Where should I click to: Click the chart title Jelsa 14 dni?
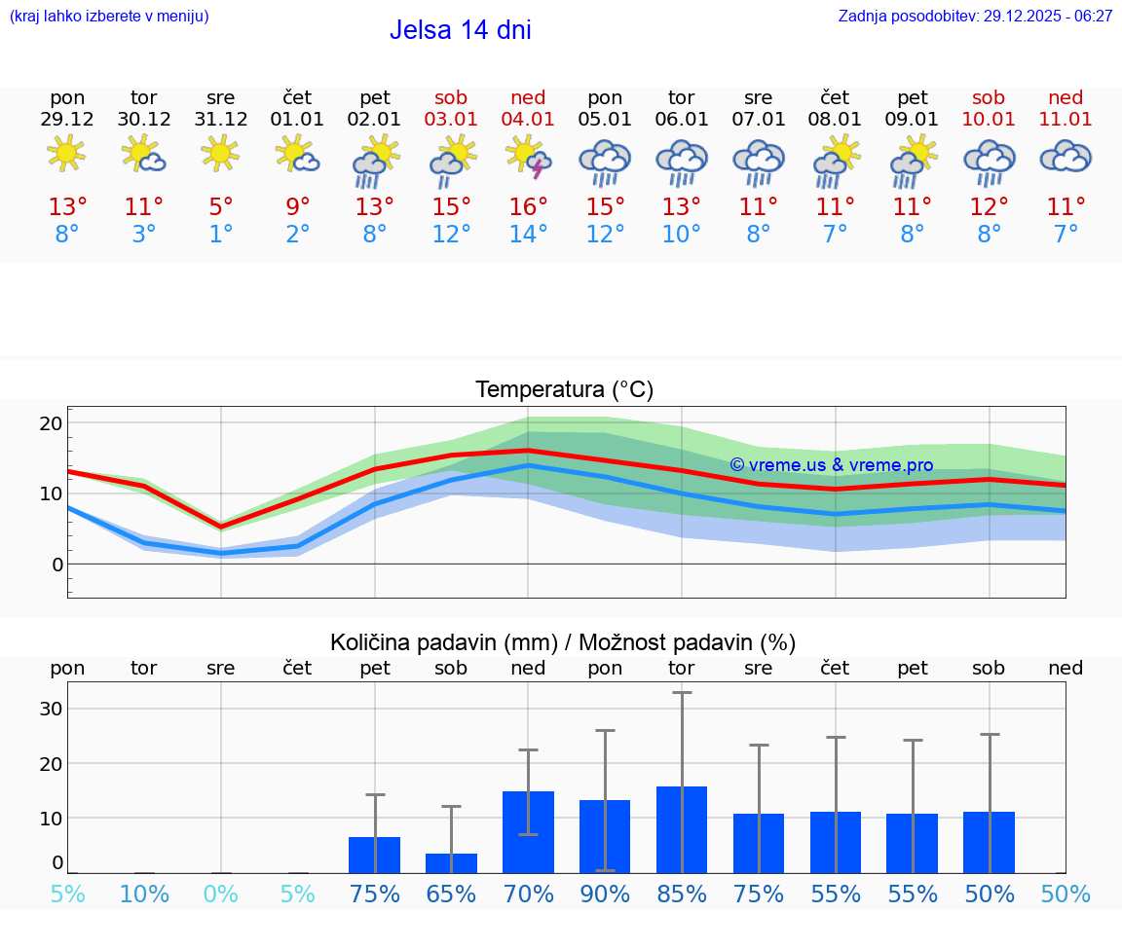(x=460, y=30)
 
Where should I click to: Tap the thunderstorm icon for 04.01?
(x=528, y=157)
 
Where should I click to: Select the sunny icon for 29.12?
(x=66, y=154)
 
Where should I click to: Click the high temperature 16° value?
(x=528, y=207)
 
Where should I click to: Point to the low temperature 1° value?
(x=221, y=235)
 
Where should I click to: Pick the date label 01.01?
(x=298, y=120)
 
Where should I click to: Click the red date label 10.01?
(x=989, y=120)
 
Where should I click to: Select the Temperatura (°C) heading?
(x=564, y=390)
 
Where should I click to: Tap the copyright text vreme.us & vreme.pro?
(x=831, y=465)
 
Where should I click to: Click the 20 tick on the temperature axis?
(x=51, y=423)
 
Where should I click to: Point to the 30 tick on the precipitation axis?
(x=51, y=709)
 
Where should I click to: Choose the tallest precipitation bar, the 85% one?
(x=682, y=829)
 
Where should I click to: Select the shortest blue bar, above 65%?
(x=451, y=863)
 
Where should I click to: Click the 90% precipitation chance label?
(x=605, y=894)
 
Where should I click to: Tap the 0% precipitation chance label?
(x=221, y=894)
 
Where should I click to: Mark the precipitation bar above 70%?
(x=528, y=832)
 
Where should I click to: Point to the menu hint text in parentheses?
(x=109, y=17)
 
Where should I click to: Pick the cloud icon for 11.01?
(x=1066, y=157)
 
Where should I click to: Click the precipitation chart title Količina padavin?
(x=563, y=642)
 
